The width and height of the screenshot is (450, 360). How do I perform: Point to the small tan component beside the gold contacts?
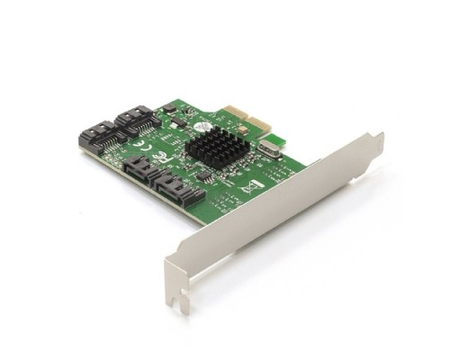241,129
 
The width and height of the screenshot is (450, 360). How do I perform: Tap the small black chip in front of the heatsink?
203,174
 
